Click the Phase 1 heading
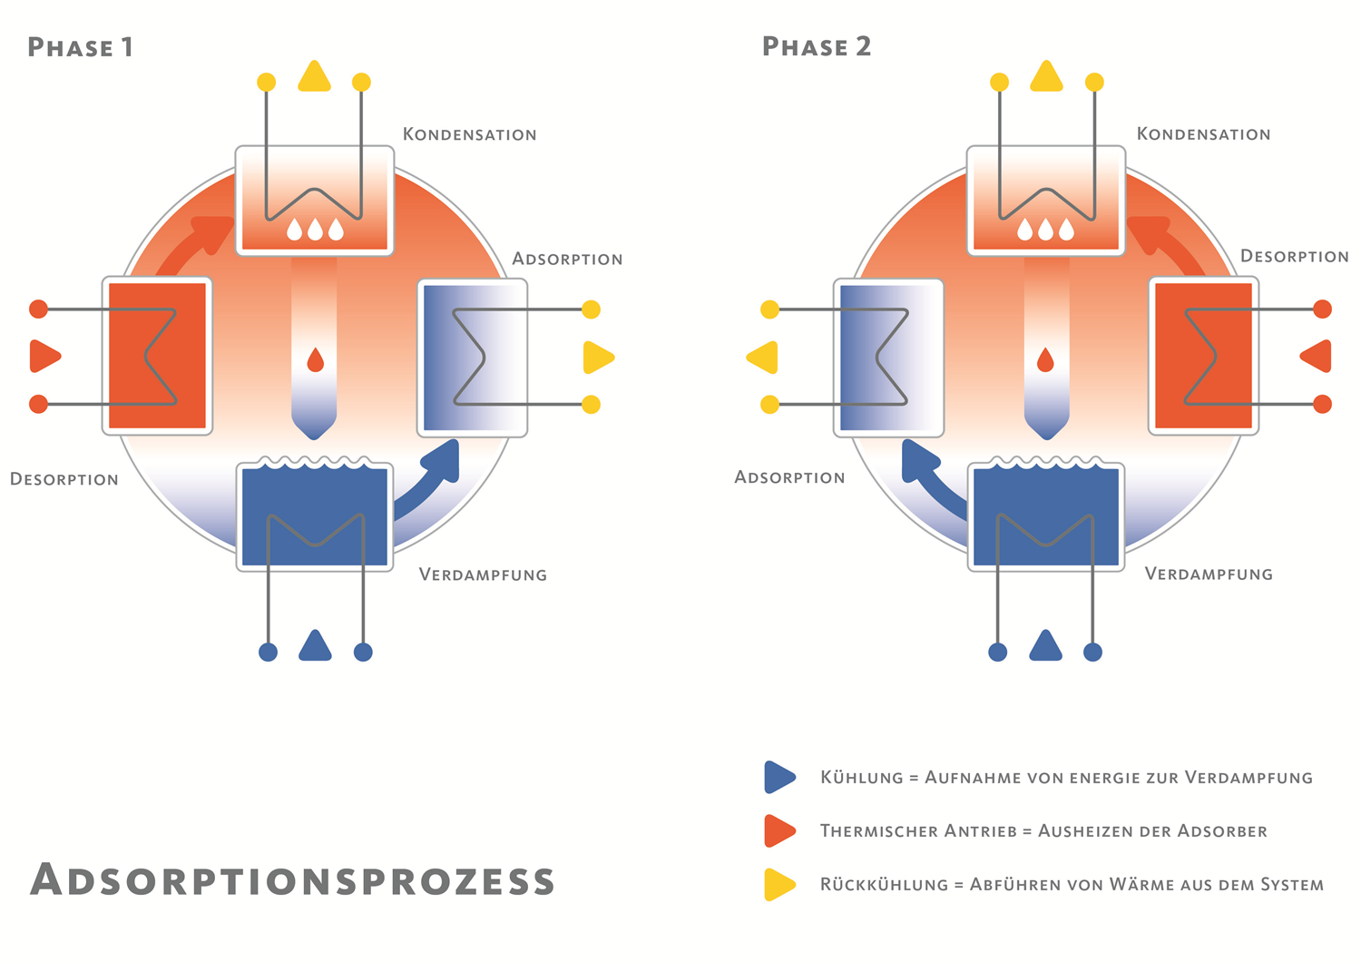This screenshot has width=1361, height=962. pos(80,47)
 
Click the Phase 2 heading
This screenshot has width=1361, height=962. pos(817,47)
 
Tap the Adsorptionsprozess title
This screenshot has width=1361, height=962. pos(291,879)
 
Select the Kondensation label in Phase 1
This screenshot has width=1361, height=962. pos(470,134)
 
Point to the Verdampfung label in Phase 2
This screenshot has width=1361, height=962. pos(1209,574)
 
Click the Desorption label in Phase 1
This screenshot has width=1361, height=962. pos(64,479)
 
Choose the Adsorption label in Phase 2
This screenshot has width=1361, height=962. pos(790,477)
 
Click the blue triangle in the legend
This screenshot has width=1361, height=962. pos(779,777)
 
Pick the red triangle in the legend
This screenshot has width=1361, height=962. pos(779,830)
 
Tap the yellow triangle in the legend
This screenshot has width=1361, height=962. pos(779,884)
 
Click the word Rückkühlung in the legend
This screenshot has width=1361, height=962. pos(884,884)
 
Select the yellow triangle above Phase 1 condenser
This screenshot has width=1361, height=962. pos(314,76)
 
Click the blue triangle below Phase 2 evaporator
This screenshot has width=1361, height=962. pos(1045,645)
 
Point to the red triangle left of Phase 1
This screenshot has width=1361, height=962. pos(45,356)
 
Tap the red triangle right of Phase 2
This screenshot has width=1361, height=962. pos(1316,356)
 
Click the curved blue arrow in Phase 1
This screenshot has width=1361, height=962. pos(428,483)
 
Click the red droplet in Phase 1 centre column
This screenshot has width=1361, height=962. pos(316,360)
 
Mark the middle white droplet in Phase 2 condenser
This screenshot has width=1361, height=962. pos(1045,230)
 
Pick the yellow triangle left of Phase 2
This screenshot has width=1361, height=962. pos(762,358)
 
